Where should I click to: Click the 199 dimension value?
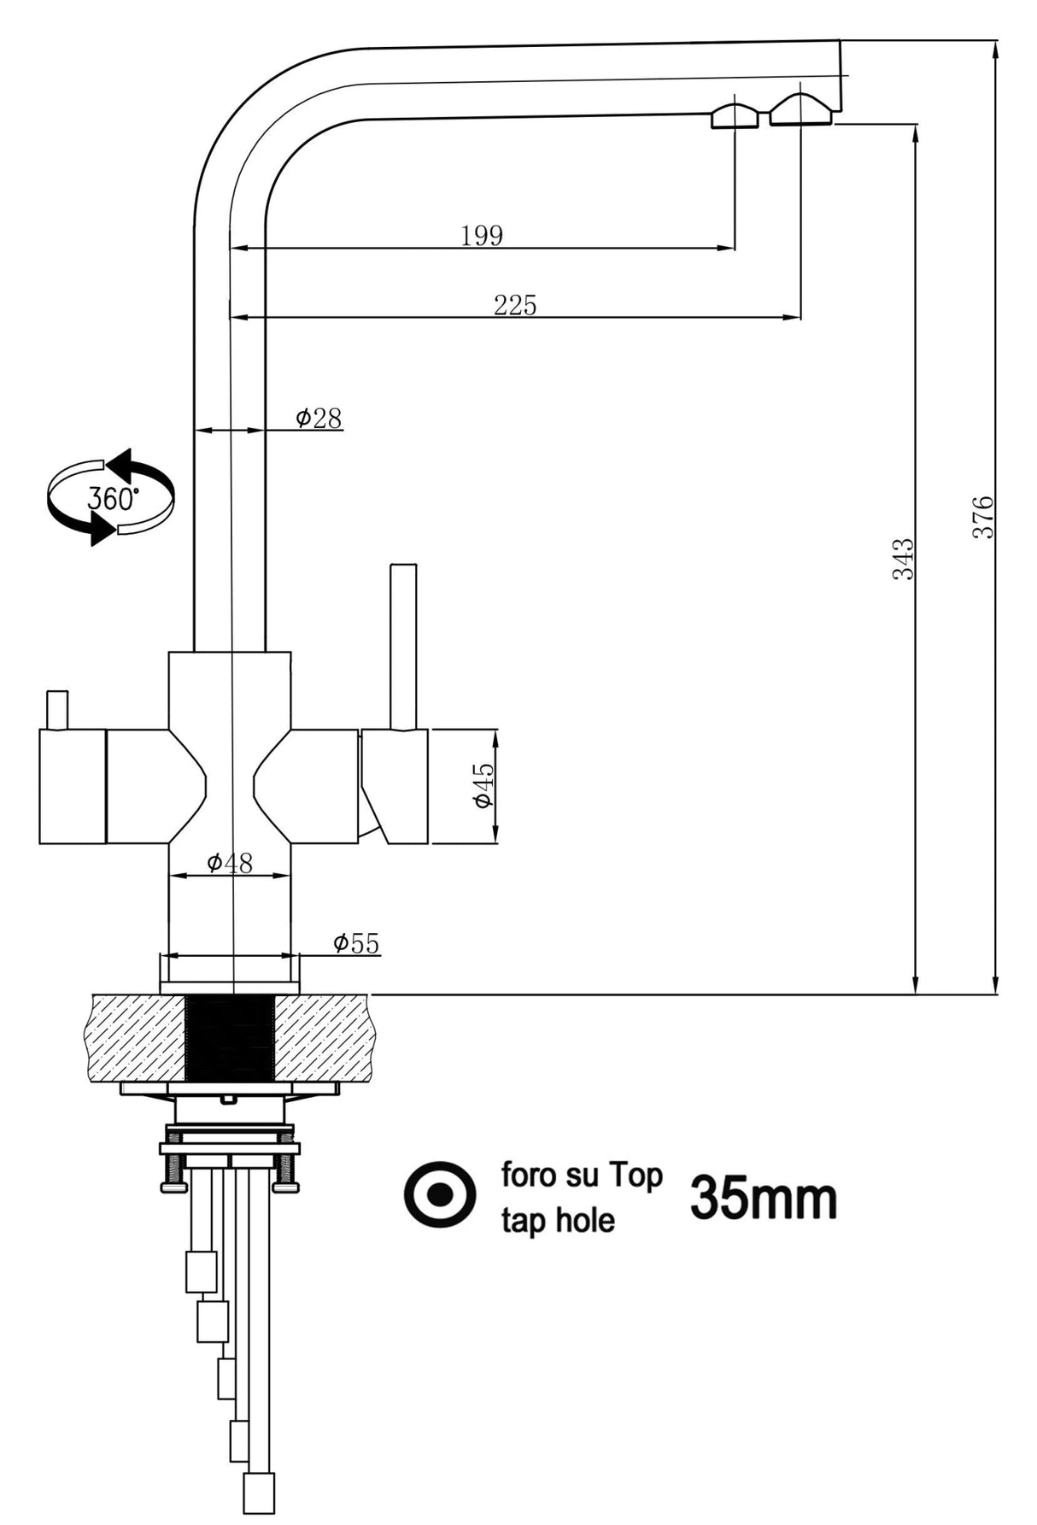[482, 235]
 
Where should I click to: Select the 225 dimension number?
[515, 304]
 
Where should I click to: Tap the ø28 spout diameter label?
[319, 418]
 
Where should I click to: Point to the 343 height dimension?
[903, 559]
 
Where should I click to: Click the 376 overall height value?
[983, 516]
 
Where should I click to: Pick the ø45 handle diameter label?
[483, 785]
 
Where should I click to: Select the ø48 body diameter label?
[229, 863]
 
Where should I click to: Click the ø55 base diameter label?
[356, 943]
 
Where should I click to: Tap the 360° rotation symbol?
[111, 497]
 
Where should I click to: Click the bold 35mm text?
[763, 1198]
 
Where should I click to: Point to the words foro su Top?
[581, 1175]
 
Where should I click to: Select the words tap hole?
[557, 1220]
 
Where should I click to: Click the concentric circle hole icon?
[440, 1194]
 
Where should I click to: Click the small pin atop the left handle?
[56, 710]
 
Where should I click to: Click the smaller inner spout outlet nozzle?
[735, 117]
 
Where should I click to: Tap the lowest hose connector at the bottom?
[258, 1493]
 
